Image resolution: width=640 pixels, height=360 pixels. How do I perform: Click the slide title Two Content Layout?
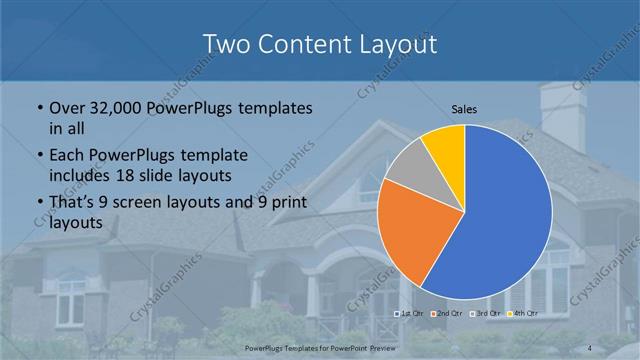[319, 44]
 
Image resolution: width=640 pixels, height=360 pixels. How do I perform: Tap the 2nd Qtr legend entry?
[446, 313]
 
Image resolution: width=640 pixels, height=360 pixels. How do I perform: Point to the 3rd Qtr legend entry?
[484, 313]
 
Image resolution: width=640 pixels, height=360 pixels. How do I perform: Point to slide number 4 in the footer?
[589, 347]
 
